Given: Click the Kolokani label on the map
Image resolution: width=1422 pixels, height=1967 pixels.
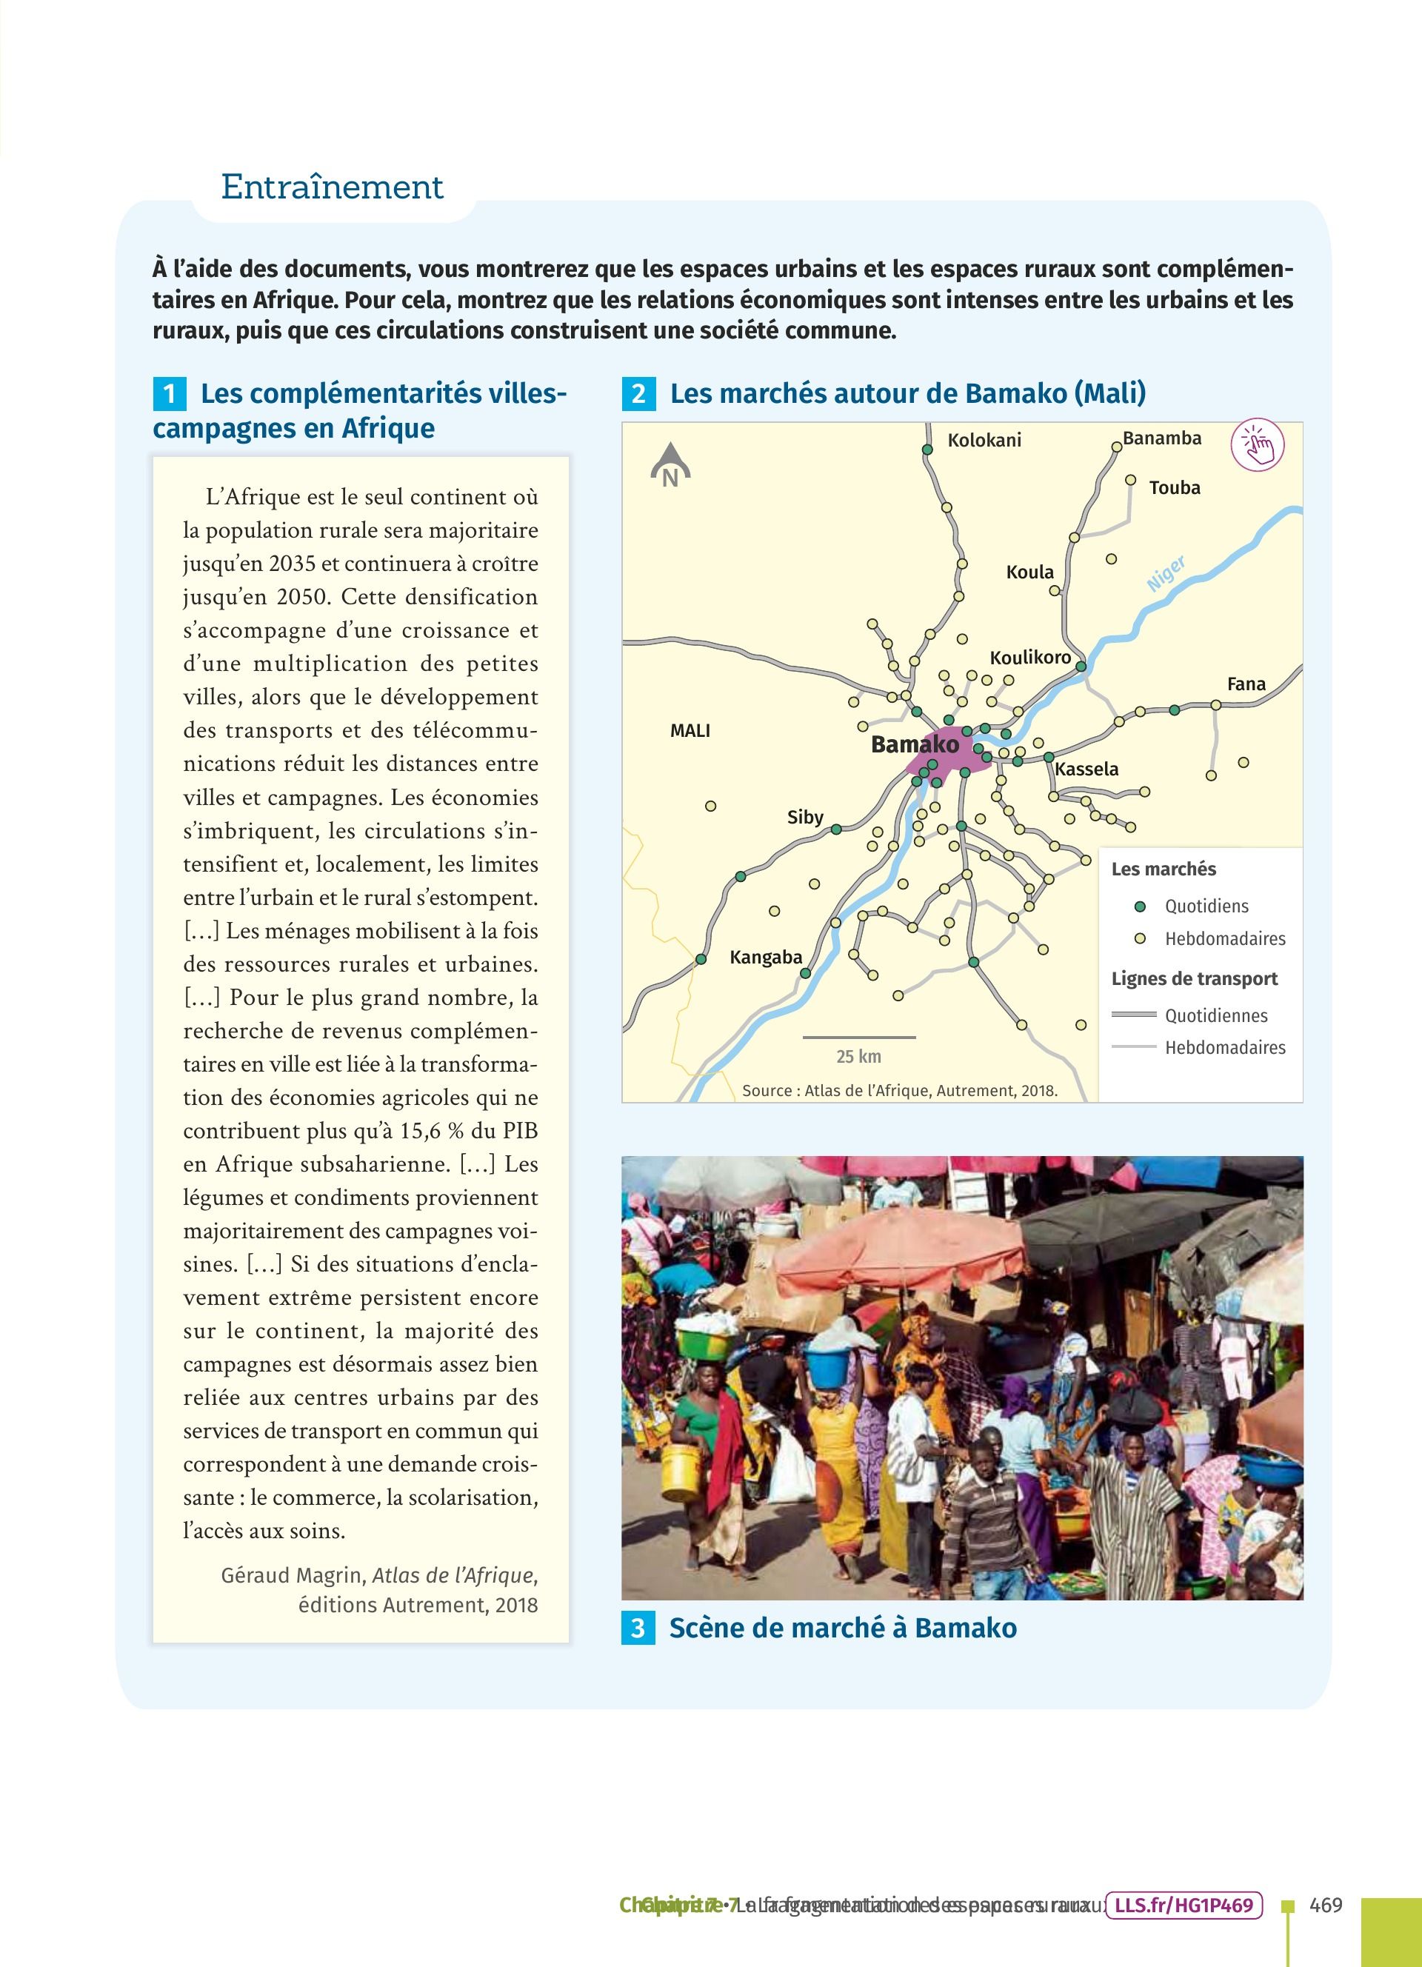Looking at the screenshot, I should [x=984, y=441].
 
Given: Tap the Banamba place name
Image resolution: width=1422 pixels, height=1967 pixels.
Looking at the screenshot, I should [x=1162, y=438].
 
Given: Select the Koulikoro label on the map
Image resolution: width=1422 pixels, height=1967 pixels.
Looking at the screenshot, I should [x=1030, y=657].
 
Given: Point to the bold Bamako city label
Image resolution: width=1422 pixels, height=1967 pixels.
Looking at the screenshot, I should [x=915, y=744].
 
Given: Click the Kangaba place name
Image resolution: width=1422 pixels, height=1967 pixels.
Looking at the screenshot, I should [x=766, y=958].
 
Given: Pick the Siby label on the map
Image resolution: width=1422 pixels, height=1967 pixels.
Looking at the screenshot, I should [x=804, y=817].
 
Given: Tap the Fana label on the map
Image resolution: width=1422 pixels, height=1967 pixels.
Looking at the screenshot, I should [x=1246, y=684].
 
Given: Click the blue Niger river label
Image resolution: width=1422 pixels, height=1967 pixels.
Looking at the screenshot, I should [x=1166, y=574].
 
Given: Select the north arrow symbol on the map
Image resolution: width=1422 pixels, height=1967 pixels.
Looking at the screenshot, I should [x=670, y=464].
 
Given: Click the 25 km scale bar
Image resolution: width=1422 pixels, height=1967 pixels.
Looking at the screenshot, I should [x=858, y=1038].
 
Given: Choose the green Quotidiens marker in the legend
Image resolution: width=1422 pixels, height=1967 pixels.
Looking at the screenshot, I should [x=1141, y=906].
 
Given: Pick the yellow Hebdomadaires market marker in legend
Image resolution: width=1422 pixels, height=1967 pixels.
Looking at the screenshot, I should [x=1141, y=938].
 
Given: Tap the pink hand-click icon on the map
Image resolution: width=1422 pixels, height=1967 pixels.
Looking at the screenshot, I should [x=1258, y=447].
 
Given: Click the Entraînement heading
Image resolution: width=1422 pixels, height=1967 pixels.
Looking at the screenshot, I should [x=332, y=187].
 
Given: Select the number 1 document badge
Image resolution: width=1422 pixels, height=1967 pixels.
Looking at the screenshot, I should [x=169, y=394].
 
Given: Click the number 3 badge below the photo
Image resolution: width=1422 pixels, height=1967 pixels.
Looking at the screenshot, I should [x=637, y=1628].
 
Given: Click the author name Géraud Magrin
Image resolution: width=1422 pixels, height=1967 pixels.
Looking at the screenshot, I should [x=293, y=1575].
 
